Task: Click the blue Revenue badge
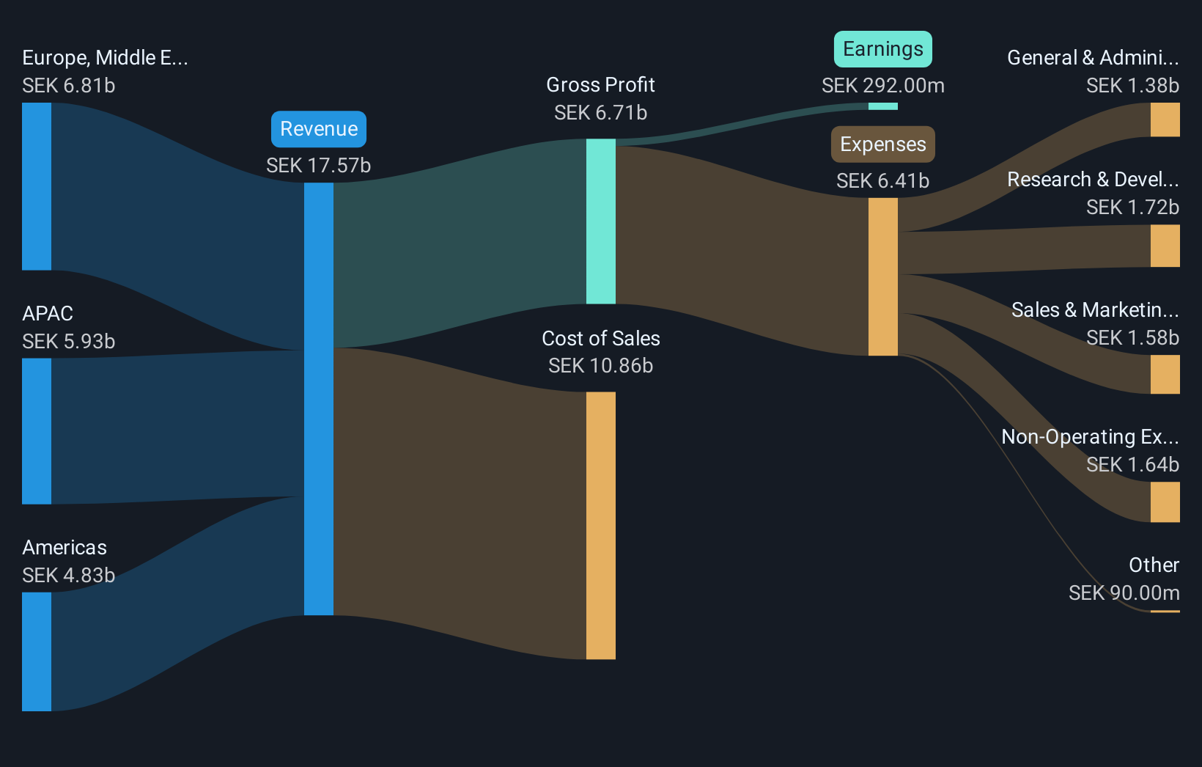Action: (x=319, y=129)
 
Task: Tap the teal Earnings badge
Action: (x=882, y=49)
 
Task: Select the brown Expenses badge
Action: (x=882, y=144)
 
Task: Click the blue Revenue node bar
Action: (x=319, y=398)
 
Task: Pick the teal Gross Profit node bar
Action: (x=600, y=221)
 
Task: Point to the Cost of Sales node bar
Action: (x=600, y=525)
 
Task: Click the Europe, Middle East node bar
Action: (x=37, y=186)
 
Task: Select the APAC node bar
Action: (x=37, y=430)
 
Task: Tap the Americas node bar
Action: (x=37, y=651)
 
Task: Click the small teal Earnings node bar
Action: (x=882, y=106)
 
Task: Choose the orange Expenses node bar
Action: (x=882, y=276)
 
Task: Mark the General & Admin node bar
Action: (x=1165, y=120)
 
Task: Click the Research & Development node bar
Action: (x=1165, y=246)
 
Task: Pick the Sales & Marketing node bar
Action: (x=1165, y=374)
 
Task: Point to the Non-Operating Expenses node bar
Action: (x=1165, y=502)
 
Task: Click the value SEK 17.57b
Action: (x=319, y=166)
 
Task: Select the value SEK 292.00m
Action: (x=882, y=86)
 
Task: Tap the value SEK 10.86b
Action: (x=600, y=366)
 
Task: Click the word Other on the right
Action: (x=1154, y=565)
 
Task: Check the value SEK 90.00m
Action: (x=1124, y=593)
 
